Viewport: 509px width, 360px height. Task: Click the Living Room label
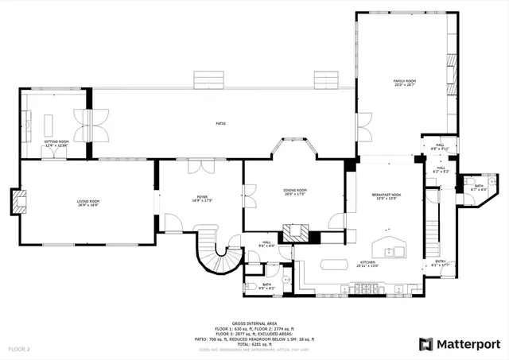coord(88,203)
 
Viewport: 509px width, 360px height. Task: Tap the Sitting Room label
coord(56,143)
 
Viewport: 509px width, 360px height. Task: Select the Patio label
coord(221,124)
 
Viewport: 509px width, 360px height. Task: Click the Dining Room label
coord(295,192)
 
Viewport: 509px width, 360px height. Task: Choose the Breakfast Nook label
coord(386,195)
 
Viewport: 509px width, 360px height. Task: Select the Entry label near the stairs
coord(440,263)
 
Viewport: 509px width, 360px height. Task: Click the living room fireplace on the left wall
coord(15,201)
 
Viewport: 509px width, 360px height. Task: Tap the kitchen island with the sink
coord(389,248)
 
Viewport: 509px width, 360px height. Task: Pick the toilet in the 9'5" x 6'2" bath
coord(251,285)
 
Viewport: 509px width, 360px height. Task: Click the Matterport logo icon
coord(426,344)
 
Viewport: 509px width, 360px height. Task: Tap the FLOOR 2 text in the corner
coord(20,349)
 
